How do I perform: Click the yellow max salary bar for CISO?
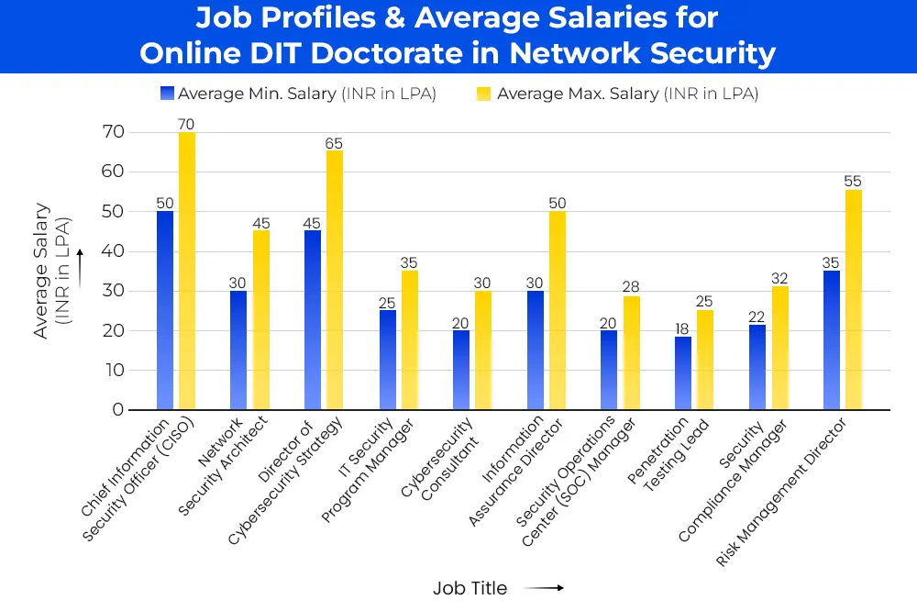click(x=187, y=271)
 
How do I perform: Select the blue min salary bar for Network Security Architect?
click(x=238, y=350)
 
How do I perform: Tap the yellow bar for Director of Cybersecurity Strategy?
click(x=335, y=280)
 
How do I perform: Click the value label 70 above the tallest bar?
click(x=187, y=124)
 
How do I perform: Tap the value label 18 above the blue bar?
click(x=683, y=328)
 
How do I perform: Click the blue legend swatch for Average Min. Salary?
click(x=166, y=94)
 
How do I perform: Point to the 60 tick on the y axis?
click(x=112, y=172)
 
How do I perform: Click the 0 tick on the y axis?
click(x=117, y=409)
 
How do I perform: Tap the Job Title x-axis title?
click(x=470, y=587)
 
